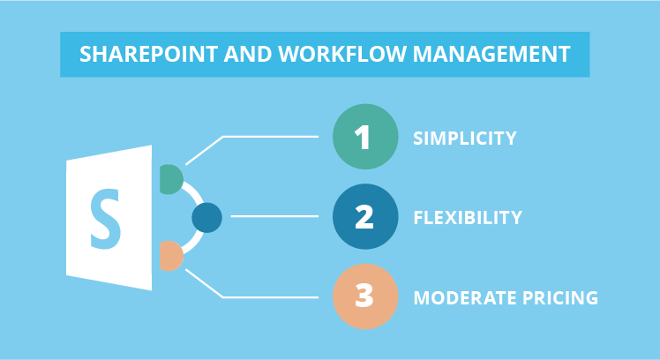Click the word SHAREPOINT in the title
click(x=148, y=55)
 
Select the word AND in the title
click(x=247, y=55)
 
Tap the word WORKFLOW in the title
click(x=342, y=55)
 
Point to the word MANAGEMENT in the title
click(x=491, y=55)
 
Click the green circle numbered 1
click(x=365, y=137)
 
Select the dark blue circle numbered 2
click(x=365, y=216)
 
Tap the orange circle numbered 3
click(x=365, y=296)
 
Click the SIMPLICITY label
click(x=465, y=139)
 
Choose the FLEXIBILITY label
click(x=468, y=218)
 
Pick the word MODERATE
click(x=465, y=297)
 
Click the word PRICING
click(x=560, y=297)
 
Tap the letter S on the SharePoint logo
click(x=106, y=219)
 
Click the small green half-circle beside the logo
click(x=170, y=179)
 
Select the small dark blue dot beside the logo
click(x=206, y=218)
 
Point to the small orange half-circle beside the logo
click(x=170, y=256)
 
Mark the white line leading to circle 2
click(x=274, y=216)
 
